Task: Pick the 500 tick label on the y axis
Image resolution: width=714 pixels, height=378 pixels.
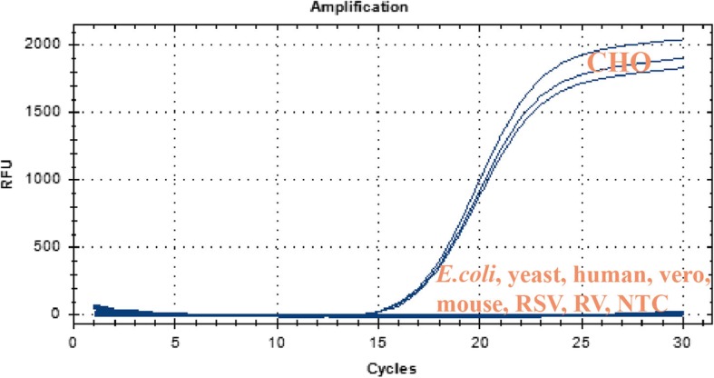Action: point(49,247)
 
